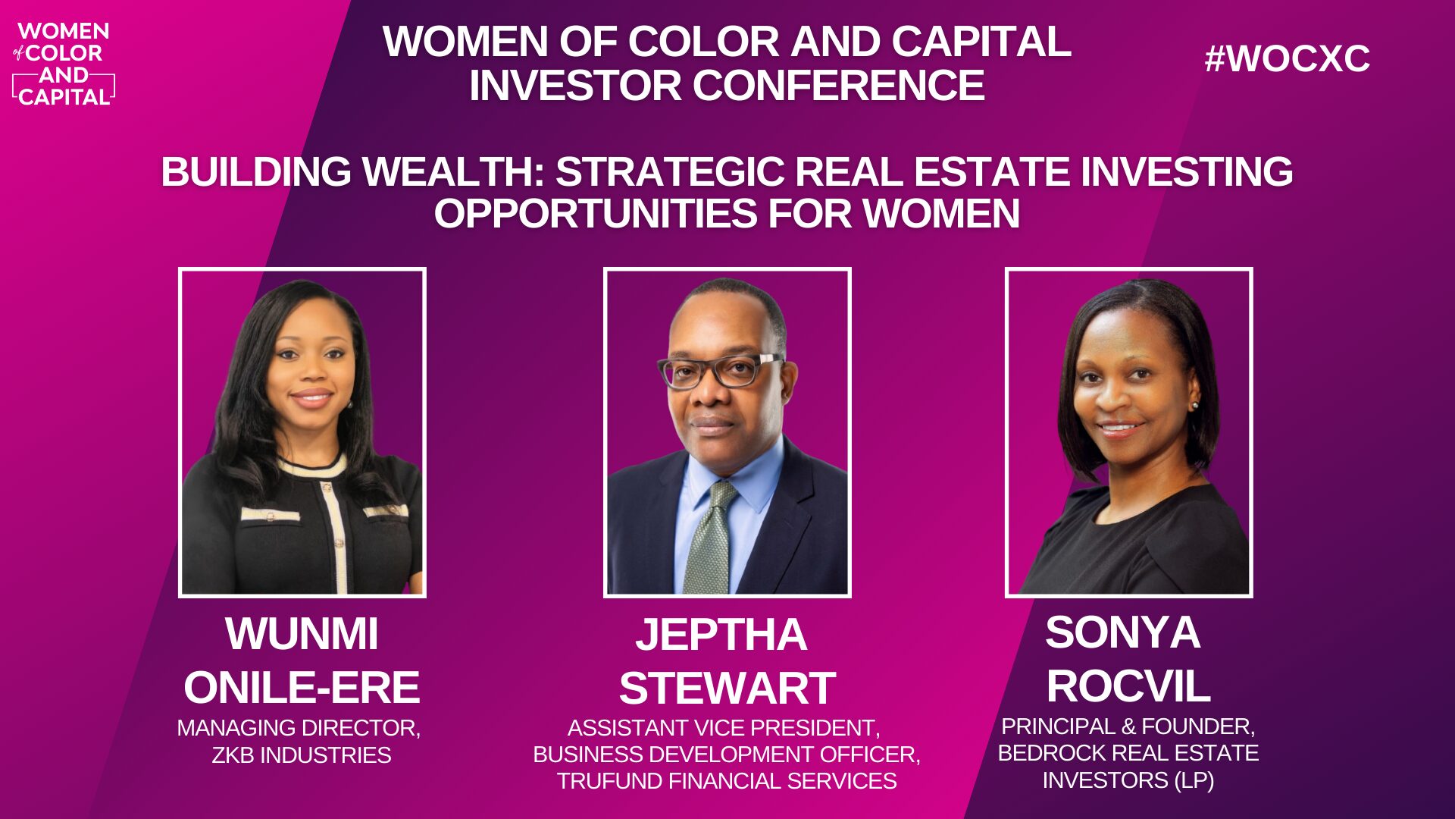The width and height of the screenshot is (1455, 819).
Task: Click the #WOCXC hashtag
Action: pos(1287,58)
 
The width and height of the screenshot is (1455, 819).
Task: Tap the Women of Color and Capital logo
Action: pos(64,64)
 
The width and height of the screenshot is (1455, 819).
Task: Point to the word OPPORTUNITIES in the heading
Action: pos(594,213)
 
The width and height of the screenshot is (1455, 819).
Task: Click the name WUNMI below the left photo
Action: pos(302,633)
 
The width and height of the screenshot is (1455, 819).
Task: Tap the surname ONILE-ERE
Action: pos(302,687)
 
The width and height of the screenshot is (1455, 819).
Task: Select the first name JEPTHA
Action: pos(721,634)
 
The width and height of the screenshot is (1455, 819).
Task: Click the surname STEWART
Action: pos(727,688)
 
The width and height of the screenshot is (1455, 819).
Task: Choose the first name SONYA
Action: pos(1122,632)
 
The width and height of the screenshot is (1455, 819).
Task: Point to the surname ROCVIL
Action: pos(1128,686)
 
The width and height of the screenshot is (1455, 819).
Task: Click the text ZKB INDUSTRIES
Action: pos(302,755)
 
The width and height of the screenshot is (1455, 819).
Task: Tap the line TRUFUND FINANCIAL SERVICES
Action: pos(727,781)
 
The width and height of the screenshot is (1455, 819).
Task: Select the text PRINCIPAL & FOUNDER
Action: pos(1128,726)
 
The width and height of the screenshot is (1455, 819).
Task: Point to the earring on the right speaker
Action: pos(1195,405)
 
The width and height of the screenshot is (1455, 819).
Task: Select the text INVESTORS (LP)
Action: pos(1128,780)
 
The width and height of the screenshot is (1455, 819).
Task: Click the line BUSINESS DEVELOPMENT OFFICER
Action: pos(727,755)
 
